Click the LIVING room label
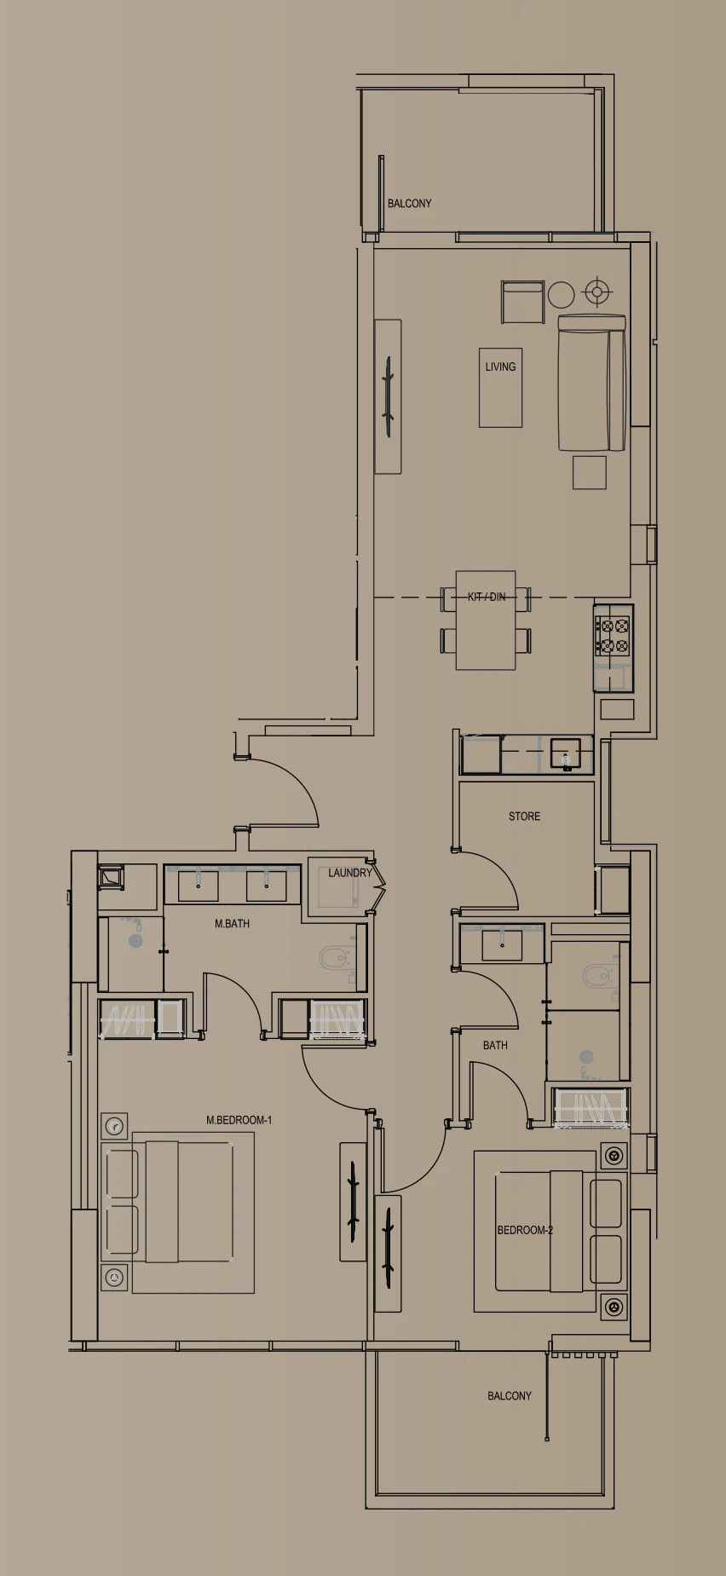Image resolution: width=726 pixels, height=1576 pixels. (500, 367)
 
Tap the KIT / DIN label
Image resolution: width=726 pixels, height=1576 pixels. (487, 597)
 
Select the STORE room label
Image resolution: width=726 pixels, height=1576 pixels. (524, 816)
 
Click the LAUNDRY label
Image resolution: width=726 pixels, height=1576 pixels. (350, 873)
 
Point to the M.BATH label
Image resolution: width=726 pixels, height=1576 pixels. (232, 923)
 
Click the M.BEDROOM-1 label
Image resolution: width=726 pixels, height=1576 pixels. (239, 1120)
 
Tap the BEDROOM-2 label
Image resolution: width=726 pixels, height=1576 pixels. (525, 1230)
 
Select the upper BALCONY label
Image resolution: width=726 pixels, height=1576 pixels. (409, 204)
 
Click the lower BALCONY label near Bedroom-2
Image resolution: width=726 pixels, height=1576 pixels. (510, 1396)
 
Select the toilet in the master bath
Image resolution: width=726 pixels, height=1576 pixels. (334, 960)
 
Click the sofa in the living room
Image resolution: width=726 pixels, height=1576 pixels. (592, 383)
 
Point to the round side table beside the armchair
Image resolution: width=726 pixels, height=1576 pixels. (561, 295)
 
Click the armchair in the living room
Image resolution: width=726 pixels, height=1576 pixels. (522, 302)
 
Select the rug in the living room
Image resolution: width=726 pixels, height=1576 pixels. (500, 387)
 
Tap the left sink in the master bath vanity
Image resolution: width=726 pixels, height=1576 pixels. (198, 886)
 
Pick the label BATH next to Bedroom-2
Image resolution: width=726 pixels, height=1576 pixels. (495, 1045)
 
